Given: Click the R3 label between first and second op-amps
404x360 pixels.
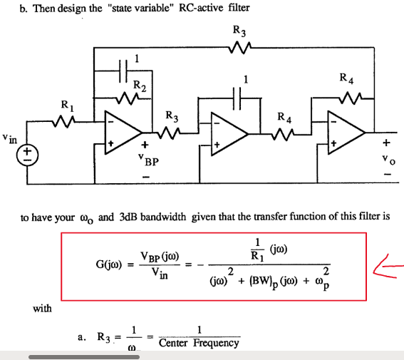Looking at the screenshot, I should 172,115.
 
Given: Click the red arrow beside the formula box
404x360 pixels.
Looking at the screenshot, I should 389,267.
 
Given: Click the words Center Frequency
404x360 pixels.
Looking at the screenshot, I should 200,344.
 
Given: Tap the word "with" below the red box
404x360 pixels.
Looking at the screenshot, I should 42,308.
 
